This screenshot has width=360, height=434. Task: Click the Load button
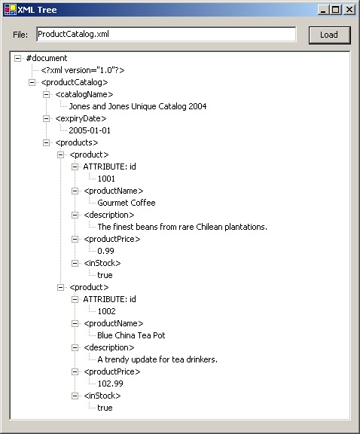click(329, 35)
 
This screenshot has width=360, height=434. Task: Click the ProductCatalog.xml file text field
click(166, 35)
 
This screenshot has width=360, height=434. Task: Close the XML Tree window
click(349, 9)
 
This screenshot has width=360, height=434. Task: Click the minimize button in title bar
click(323, 9)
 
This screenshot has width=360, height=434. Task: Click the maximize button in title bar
click(336, 9)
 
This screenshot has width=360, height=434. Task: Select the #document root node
click(47, 58)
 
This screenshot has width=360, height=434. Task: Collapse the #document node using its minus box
click(18, 58)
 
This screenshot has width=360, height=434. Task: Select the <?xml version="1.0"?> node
click(83, 70)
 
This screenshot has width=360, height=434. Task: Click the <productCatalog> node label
click(74, 82)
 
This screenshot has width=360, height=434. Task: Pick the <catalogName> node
click(84, 94)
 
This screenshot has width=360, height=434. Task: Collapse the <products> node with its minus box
click(47, 142)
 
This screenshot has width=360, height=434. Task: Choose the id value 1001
click(106, 179)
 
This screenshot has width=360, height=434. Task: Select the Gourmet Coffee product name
click(127, 203)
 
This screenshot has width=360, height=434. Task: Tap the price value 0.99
click(105, 251)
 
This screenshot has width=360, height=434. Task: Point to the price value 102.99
click(110, 384)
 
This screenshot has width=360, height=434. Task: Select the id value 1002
click(106, 311)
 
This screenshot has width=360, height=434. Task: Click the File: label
click(20, 35)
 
